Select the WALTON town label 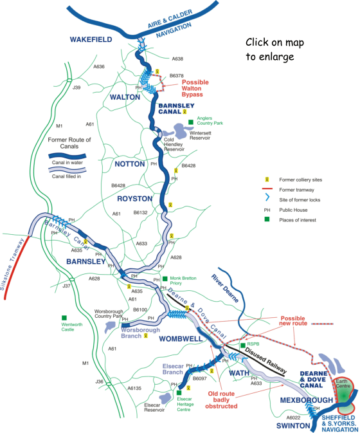(124, 97)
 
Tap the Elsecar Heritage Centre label (188, 403)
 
